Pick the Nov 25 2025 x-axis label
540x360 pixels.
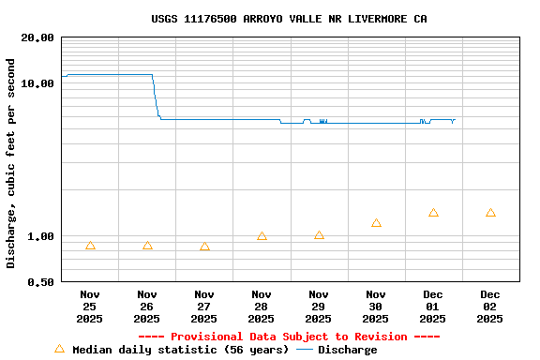tap(90, 306)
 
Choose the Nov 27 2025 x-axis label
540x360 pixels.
tap(204, 306)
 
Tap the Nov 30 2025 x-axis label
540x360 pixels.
tap(376, 306)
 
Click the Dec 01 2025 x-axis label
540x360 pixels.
tap(433, 306)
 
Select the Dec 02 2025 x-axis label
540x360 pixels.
tap(490, 306)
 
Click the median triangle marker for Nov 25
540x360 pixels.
tap(90, 246)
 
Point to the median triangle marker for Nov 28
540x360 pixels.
tap(262, 236)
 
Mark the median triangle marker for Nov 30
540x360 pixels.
tap(376, 223)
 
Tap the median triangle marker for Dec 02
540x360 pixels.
tap(490, 214)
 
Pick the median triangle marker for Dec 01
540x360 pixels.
tap(433, 213)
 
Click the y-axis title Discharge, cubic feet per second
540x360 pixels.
tap(11, 163)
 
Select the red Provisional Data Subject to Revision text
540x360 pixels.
tap(289, 337)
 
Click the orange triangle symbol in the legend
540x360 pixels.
tap(59, 349)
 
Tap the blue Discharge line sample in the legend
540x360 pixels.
tap(305, 350)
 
